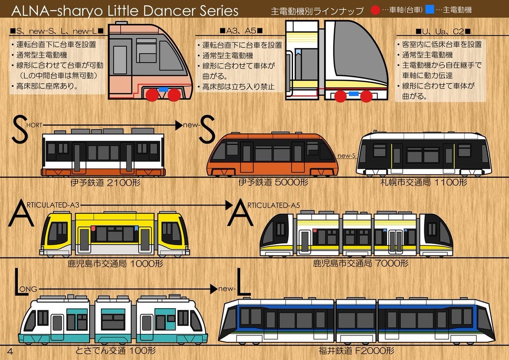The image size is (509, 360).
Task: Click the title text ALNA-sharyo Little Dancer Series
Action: (x=125, y=11)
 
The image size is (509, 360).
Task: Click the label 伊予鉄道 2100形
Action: (x=106, y=184)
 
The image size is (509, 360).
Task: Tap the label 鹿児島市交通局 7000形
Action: (x=361, y=264)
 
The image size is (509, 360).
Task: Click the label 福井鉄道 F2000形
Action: (x=357, y=351)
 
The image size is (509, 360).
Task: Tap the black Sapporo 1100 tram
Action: (x=424, y=154)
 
